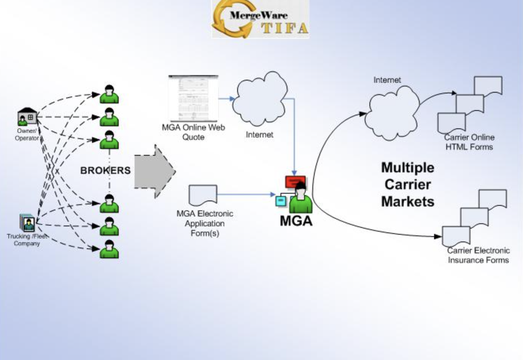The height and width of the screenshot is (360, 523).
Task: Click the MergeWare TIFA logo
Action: (x=260, y=19)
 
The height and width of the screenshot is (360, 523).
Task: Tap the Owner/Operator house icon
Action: (x=27, y=116)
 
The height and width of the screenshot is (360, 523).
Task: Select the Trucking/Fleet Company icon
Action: (x=27, y=223)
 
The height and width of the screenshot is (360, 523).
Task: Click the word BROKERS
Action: (x=105, y=171)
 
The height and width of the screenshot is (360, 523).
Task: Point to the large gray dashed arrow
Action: (x=154, y=172)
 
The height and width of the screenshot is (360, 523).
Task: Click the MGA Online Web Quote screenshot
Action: (x=193, y=98)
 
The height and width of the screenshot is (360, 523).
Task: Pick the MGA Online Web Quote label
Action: (x=193, y=132)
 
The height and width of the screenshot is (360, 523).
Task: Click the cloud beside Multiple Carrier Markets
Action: (x=391, y=113)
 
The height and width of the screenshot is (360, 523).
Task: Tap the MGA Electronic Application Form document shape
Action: (x=203, y=195)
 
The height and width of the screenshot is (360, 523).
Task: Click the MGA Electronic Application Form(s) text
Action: (x=205, y=223)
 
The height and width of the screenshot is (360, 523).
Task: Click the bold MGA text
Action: (x=296, y=221)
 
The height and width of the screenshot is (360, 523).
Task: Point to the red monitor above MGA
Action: (x=295, y=181)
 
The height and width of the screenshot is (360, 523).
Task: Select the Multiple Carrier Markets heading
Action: (x=408, y=185)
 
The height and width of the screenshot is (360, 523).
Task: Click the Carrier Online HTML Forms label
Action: (x=469, y=142)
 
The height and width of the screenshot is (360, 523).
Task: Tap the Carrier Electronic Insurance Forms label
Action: (x=478, y=255)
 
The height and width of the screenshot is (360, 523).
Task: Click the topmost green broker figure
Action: (x=109, y=94)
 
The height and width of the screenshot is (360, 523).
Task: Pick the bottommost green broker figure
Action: (x=109, y=249)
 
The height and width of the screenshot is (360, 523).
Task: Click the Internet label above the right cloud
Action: (x=387, y=80)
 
